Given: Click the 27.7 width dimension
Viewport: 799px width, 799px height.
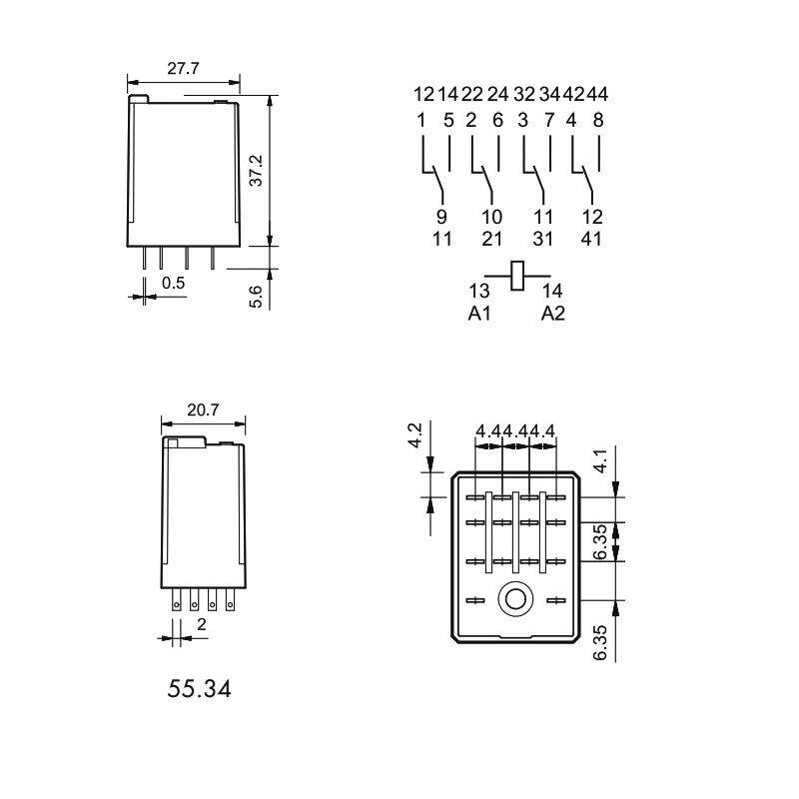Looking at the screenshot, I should coord(184,69).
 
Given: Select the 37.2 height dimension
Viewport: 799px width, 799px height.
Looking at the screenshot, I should coord(257,170).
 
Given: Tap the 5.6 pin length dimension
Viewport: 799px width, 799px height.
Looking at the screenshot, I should coord(256,296).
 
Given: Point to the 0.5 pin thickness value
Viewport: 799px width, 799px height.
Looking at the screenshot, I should coord(174,283).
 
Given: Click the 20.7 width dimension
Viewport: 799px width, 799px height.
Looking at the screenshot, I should coord(203,410).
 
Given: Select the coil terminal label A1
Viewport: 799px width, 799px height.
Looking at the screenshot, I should coord(479,314).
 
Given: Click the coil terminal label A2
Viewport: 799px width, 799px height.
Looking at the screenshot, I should coord(553,314).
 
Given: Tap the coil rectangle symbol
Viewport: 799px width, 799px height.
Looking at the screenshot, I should coord(517,276).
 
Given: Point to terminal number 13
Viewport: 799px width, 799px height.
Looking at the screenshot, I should coord(479,291).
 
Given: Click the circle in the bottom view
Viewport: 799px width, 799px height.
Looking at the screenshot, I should coord(516,599).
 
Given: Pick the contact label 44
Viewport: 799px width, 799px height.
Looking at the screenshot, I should coord(597,95).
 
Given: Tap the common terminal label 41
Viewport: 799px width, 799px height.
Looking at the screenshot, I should coord(593,239).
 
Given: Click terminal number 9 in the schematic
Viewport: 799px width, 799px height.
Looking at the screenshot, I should coord(442,217).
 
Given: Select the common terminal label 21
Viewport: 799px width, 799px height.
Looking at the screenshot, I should coord(491,239).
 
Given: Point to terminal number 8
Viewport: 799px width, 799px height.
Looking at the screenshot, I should coord(598,120).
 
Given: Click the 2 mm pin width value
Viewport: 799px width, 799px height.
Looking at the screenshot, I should coord(201,625).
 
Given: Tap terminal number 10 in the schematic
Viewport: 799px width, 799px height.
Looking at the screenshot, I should coord(491,217).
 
